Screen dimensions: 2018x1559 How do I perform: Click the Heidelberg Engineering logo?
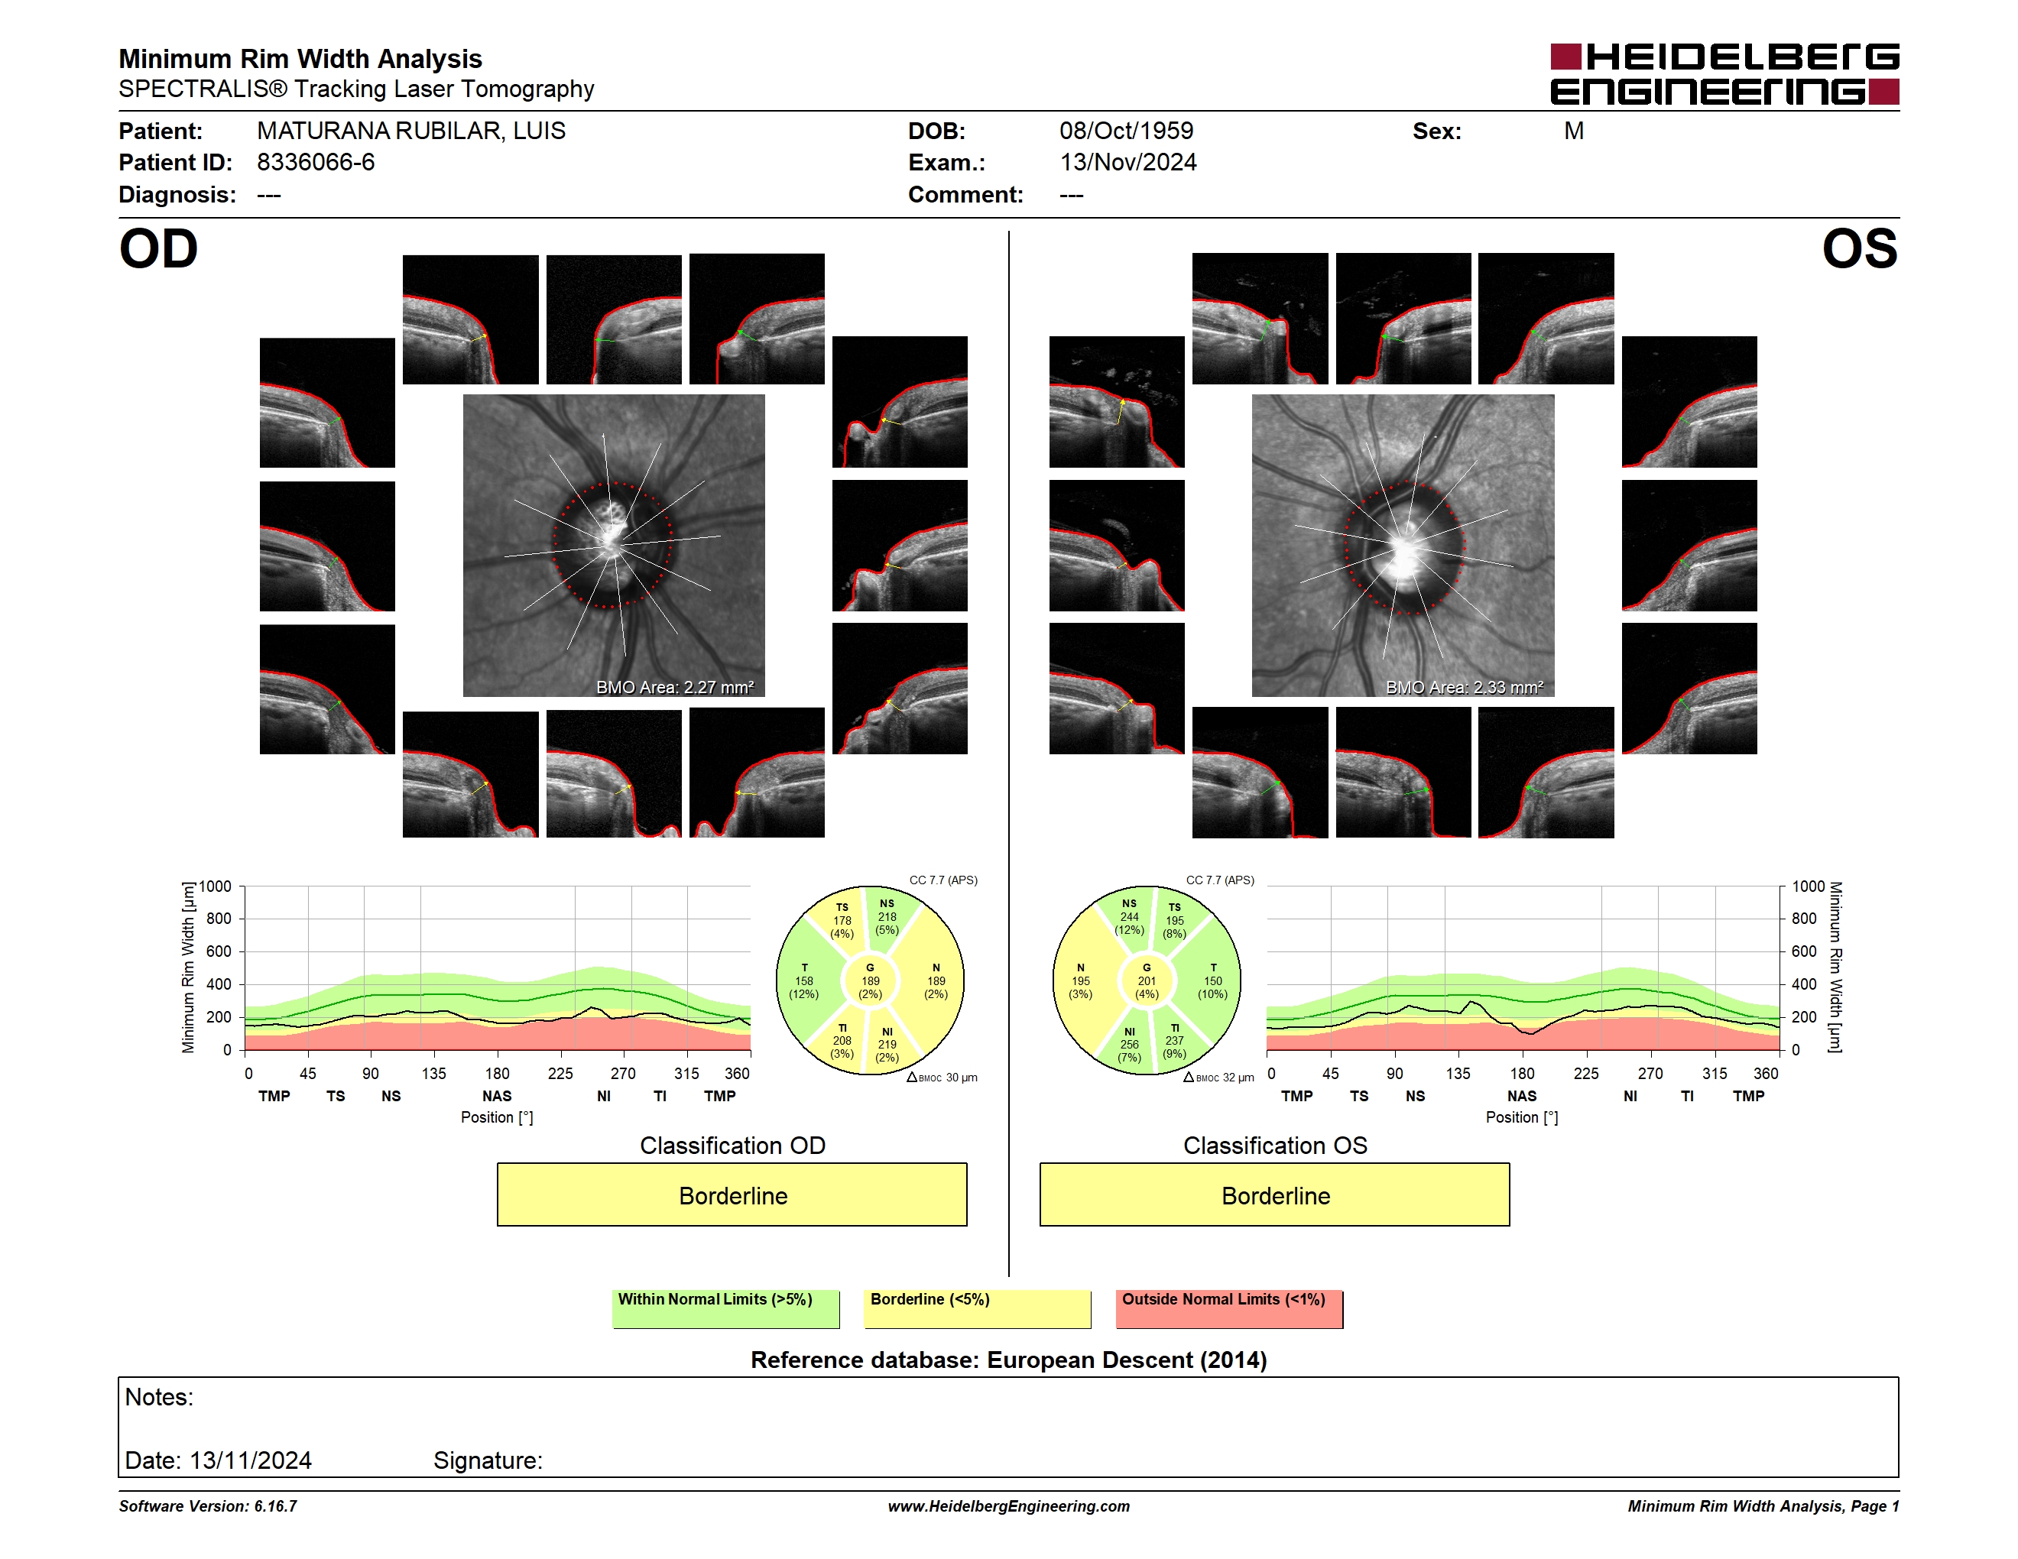(1724, 74)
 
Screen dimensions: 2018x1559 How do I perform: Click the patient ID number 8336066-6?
(316, 163)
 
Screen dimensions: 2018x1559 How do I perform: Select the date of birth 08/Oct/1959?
(1127, 131)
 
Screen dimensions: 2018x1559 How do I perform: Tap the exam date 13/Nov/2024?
(1128, 163)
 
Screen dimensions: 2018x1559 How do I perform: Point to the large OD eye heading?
(159, 249)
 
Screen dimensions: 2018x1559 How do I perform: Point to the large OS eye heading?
(1860, 249)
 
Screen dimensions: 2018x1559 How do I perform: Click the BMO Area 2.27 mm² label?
(674, 687)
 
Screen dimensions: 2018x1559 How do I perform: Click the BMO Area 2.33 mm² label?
(1465, 687)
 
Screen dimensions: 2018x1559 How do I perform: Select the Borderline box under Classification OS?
(1275, 1195)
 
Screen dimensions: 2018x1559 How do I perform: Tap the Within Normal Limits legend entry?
(725, 1308)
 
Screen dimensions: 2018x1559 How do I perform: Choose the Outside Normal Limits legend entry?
(1229, 1308)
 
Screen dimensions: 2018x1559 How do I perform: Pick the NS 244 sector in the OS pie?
(1129, 916)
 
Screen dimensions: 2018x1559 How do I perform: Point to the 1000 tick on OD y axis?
(214, 886)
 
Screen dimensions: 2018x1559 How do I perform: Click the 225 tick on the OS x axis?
(1586, 1073)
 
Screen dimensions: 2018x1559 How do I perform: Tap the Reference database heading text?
(1009, 1360)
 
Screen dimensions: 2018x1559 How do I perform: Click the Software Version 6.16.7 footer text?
(208, 1506)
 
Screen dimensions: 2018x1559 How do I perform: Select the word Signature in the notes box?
(488, 1460)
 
